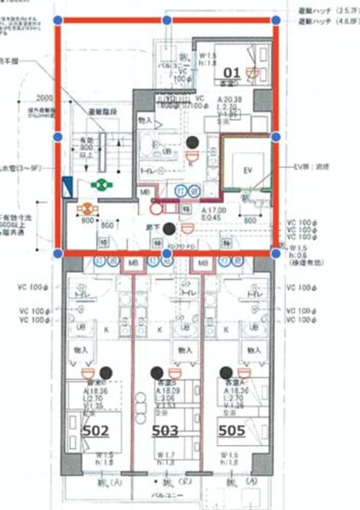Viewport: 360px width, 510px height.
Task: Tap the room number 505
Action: click(x=233, y=430)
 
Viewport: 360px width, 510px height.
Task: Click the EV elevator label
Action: click(x=248, y=170)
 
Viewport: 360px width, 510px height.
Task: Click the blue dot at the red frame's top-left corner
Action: click(x=58, y=21)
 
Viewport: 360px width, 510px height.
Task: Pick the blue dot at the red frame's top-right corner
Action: click(x=275, y=21)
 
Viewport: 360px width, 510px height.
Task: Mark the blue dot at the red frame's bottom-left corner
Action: click(x=58, y=253)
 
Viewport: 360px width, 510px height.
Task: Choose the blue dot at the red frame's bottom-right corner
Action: click(x=275, y=253)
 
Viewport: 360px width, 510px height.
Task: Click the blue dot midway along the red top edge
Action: click(x=167, y=21)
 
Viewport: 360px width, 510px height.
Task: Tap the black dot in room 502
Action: click(x=106, y=372)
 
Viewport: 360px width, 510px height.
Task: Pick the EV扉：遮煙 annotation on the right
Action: click(x=315, y=166)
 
